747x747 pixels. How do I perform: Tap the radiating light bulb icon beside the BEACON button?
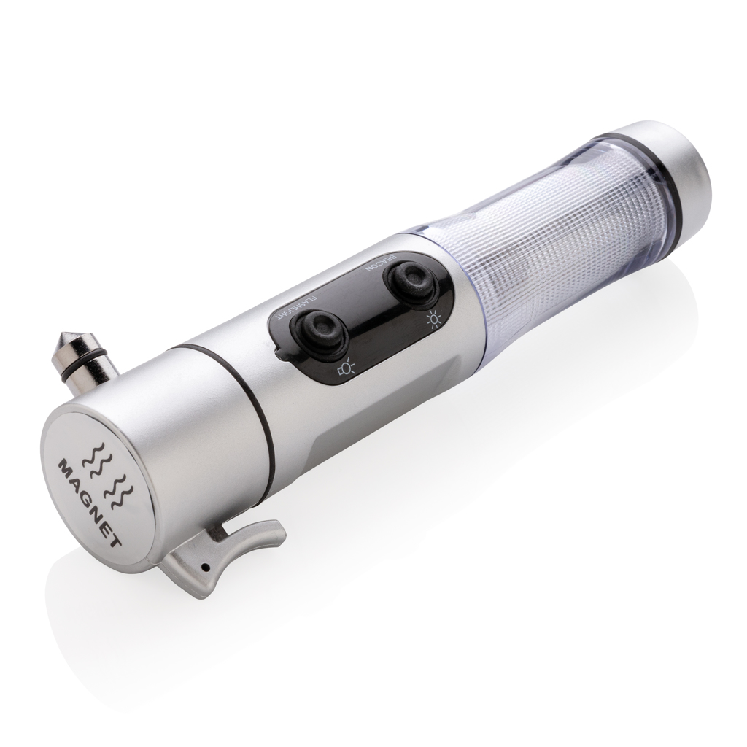433,320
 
